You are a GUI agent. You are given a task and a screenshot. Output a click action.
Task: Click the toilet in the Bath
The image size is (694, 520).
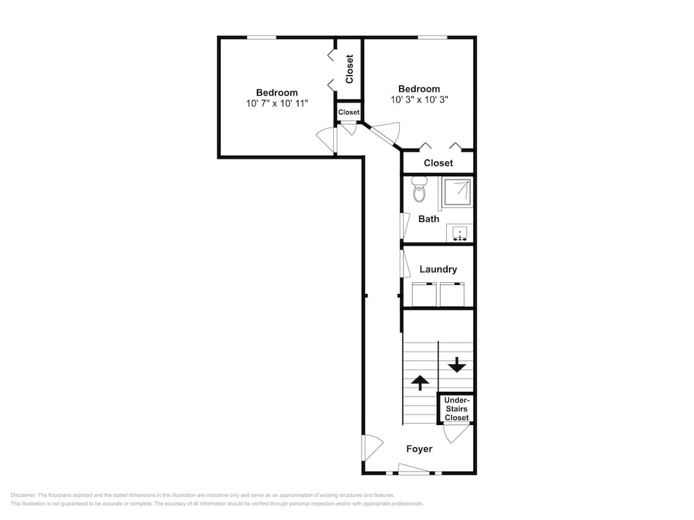(x=419, y=189)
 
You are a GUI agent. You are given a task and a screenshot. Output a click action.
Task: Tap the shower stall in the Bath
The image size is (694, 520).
(x=457, y=192)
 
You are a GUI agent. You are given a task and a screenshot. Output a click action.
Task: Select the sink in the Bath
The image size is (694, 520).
(x=460, y=232)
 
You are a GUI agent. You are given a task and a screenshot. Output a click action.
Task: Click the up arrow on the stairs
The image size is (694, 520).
(x=420, y=383)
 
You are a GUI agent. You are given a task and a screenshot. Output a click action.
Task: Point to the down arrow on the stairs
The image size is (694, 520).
(x=457, y=365)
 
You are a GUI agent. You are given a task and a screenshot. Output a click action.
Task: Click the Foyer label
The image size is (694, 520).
(x=419, y=449)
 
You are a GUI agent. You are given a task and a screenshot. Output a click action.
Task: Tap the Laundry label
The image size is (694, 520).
(x=438, y=269)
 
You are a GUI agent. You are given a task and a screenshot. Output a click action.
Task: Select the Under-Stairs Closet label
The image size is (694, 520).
(x=457, y=409)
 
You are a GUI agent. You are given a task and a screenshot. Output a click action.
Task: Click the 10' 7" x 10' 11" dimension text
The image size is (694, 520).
(x=277, y=103)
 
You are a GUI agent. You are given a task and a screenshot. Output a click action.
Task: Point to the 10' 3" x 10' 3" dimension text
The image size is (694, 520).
(x=419, y=100)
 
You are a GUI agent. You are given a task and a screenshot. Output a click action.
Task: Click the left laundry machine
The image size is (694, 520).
(x=424, y=294)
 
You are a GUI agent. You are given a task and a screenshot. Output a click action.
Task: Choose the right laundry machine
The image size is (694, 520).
(x=452, y=294)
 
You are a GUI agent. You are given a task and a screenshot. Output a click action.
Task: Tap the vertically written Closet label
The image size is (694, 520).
(x=350, y=69)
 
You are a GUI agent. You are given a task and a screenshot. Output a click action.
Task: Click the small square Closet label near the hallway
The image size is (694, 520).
(x=349, y=112)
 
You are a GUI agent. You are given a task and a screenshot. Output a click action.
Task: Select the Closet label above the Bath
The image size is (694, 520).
(x=438, y=163)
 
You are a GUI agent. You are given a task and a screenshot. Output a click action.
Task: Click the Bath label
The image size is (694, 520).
(x=429, y=219)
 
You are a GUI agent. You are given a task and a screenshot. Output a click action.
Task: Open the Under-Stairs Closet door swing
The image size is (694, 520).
(x=456, y=433)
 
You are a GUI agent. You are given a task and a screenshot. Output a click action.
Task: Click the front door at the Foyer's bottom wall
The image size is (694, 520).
(x=414, y=469)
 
